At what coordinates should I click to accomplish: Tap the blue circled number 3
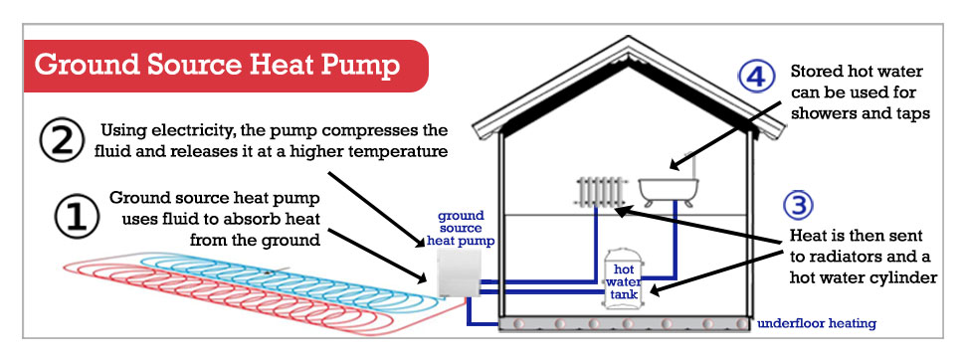(799, 206)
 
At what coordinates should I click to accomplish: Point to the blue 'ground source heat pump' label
(460, 228)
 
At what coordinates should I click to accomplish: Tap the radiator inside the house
(597, 190)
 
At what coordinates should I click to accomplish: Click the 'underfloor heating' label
(817, 324)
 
